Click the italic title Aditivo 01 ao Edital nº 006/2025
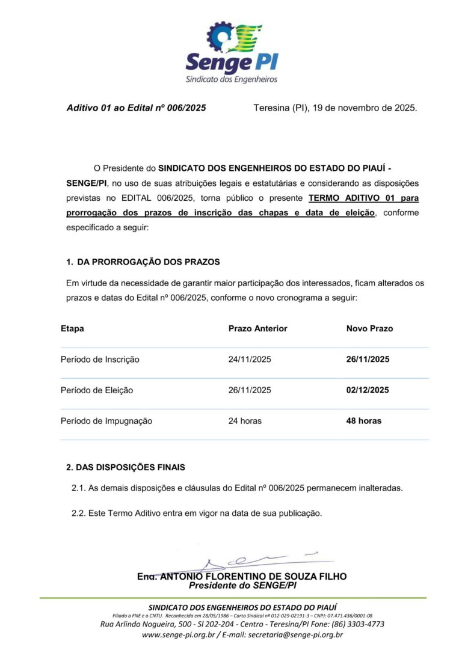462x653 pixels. click(136, 108)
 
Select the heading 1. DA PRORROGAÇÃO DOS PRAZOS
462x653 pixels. click(143, 262)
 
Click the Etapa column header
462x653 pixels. click(72, 329)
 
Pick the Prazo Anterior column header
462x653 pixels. click(257, 329)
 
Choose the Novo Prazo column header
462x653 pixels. click(369, 329)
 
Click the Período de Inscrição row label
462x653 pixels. click(100, 360)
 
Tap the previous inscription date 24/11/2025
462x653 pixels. click(250, 360)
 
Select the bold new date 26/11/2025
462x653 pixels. click(368, 360)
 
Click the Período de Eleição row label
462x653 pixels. click(97, 390)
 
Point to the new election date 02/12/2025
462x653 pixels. click(368, 390)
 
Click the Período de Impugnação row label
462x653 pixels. click(106, 421)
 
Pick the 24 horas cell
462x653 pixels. click(245, 421)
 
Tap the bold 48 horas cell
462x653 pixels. click(363, 421)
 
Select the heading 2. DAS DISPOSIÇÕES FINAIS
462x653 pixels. click(126, 467)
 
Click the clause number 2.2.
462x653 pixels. click(79, 514)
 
